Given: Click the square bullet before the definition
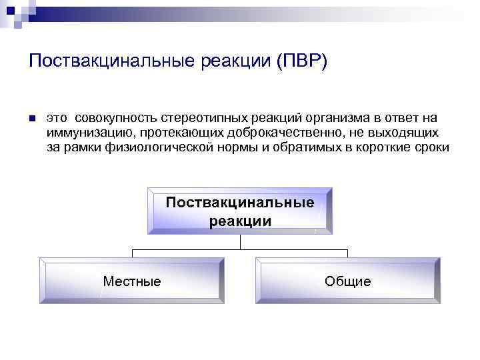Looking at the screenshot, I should coord(31,119).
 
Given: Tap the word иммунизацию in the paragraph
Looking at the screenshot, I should coord(84,133).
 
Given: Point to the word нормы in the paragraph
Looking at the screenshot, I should coord(232,147).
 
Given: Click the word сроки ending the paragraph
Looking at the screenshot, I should coord(431,147).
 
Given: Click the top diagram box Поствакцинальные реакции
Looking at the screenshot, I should coord(240,211).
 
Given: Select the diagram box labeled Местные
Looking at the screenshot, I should coord(132,281).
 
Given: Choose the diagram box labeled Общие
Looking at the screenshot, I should coord(347,281).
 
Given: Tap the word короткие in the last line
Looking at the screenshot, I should coord(381,147).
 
